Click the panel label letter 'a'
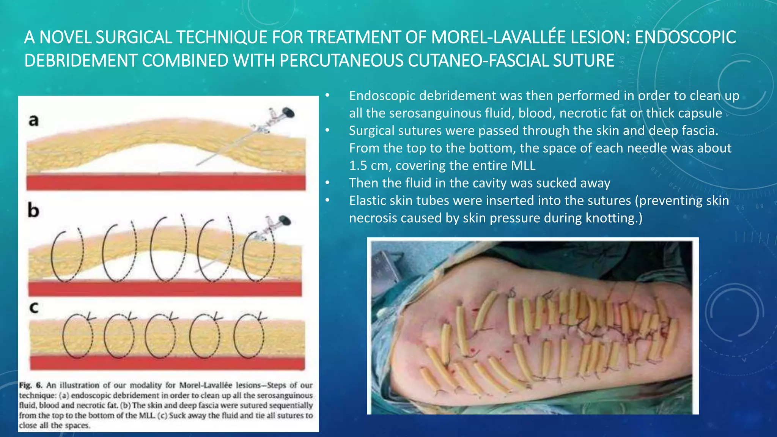[34, 120]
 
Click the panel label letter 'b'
[33, 211]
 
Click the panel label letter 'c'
[34, 307]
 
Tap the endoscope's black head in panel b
[285, 220]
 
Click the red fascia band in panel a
[166, 182]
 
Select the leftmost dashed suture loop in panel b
[68, 255]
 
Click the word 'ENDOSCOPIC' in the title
[685, 37]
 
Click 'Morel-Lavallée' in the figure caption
[205, 385]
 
